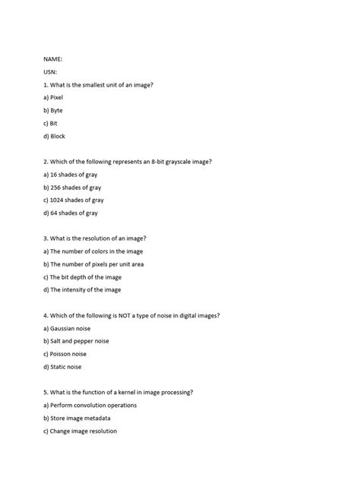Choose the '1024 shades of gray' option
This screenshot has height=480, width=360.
click(77, 200)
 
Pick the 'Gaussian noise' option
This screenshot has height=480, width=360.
click(73, 328)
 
